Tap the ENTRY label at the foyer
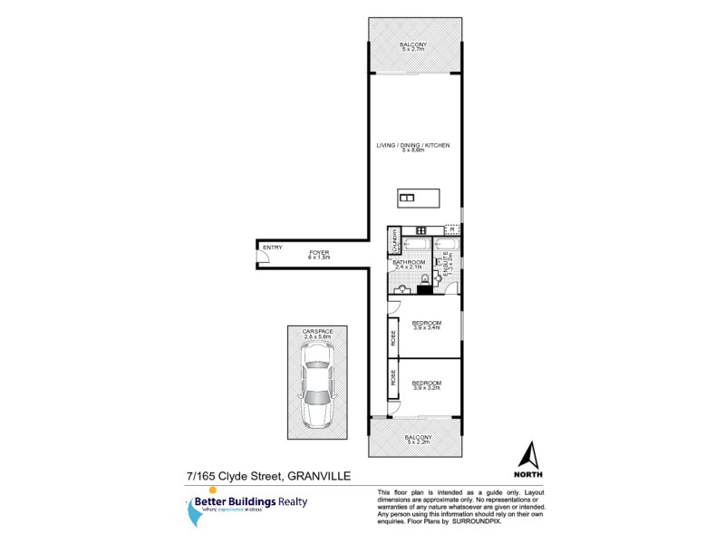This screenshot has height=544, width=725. pyautogui.click(x=271, y=248)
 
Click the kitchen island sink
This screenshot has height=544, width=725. pyautogui.click(x=408, y=199)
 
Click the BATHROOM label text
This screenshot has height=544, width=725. pyautogui.click(x=409, y=263)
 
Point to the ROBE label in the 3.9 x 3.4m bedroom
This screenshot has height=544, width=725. pyautogui.click(x=393, y=339)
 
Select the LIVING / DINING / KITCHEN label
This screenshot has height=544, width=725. pyautogui.click(x=413, y=145)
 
